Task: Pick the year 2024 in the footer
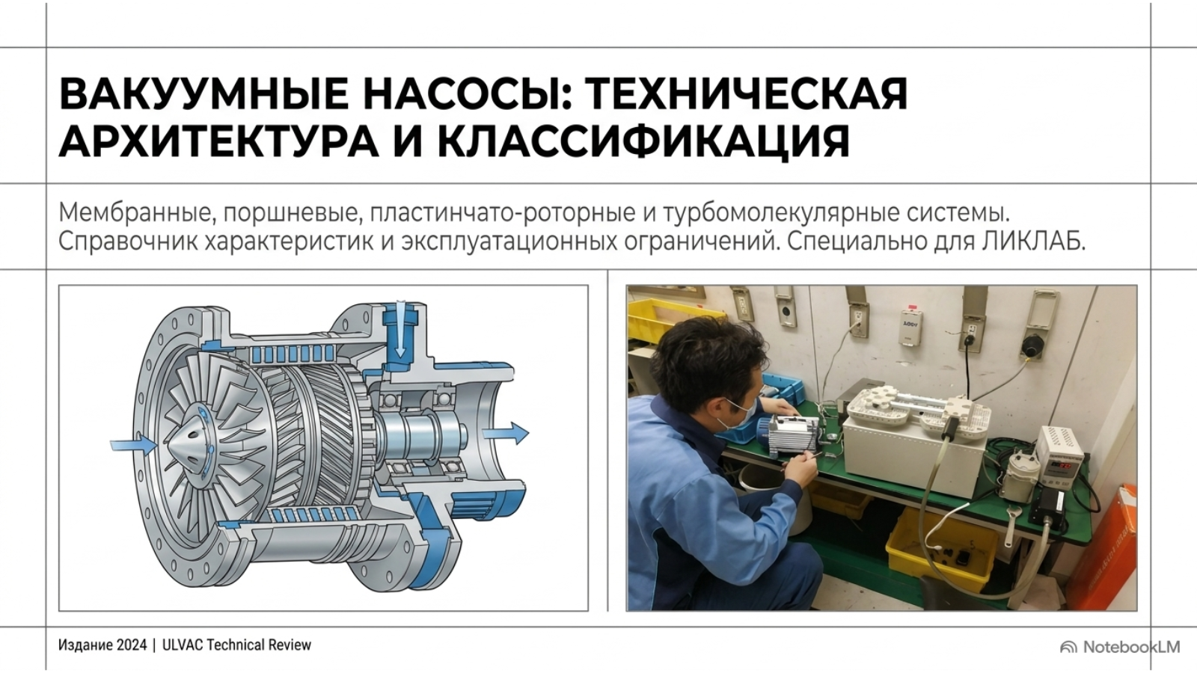pos(132,645)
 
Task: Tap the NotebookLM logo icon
pos(1068,648)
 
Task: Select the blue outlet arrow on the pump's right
pos(506,433)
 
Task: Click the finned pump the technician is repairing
pos(789,434)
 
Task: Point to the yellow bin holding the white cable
pos(941,550)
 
